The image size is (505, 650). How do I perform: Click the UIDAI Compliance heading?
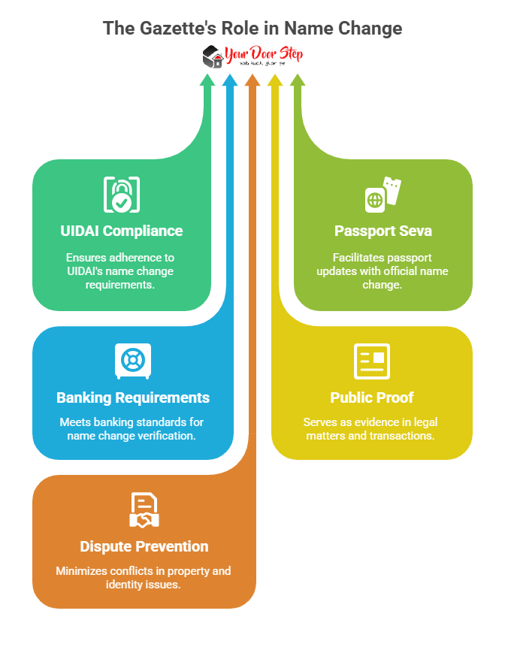click(122, 230)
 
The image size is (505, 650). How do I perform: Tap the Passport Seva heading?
click(383, 230)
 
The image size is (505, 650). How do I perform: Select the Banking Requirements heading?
click(133, 397)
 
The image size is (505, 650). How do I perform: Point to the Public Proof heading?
click(372, 397)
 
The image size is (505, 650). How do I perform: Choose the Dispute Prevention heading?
click(144, 546)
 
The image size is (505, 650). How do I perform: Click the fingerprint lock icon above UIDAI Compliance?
click(121, 195)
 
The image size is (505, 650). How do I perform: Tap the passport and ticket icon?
click(383, 195)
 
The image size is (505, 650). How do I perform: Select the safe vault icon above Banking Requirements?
click(132, 361)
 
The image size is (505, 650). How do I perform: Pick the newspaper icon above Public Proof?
click(372, 361)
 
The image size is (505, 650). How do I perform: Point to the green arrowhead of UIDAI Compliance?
click(207, 80)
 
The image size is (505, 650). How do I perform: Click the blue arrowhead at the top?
click(230, 80)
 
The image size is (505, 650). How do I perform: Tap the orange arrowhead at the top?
click(252, 80)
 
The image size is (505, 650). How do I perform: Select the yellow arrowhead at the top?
click(275, 80)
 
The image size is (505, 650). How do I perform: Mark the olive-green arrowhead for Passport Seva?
click(298, 80)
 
